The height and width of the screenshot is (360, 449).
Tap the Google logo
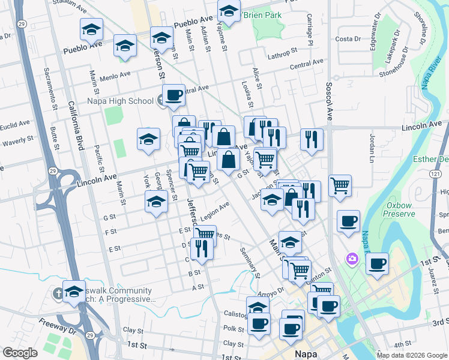click(x=20, y=353)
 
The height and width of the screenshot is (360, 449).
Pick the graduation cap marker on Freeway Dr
click(x=74, y=292)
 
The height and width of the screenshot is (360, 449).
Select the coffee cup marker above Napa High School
click(x=173, y=95)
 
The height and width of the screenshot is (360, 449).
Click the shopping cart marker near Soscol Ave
click(x=340, y=185)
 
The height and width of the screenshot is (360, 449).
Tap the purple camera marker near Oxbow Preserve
click(x=352, y=259)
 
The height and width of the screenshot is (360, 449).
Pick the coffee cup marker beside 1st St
click(x=377, y=264)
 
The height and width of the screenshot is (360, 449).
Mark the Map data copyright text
click(x=412, y=355)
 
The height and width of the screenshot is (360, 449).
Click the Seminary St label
click(x=250, y=262)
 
